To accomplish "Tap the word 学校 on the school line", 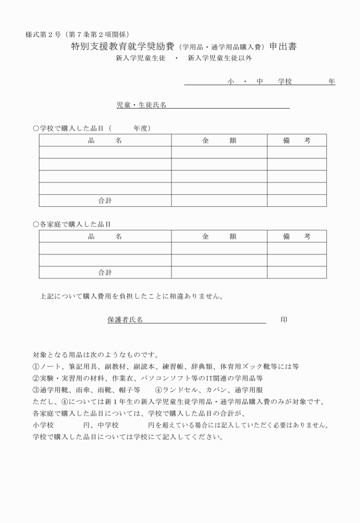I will click(x=285, y=82).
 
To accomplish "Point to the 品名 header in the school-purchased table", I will click(x=105, y=140).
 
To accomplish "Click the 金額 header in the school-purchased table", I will click(x=219, y=140).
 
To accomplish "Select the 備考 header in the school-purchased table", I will click(x=297, y=140).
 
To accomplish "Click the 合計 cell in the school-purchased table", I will click(x=105, y=201).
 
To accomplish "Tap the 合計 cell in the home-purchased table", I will click(x=105, y=273).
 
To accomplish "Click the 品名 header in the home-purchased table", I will click(x=105, y=236).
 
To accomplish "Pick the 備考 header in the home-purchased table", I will click(x=297, y=236).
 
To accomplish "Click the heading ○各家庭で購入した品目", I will click(x=72, y=224).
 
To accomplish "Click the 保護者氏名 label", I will click(x=125, y=320).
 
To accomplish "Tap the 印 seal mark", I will click(x=284, y=320).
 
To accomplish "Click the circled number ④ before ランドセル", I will click(x=159, y=390).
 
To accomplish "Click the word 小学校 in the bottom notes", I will click(x=43, y=425).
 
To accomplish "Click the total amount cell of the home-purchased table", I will click(x=219, y=273).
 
